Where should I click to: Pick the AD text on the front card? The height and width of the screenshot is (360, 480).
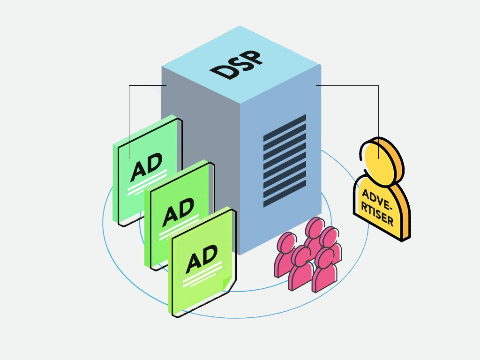[202, 259]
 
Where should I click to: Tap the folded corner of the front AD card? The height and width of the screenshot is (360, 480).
[226, 283]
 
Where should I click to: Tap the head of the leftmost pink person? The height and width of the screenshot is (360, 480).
[286, 241]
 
